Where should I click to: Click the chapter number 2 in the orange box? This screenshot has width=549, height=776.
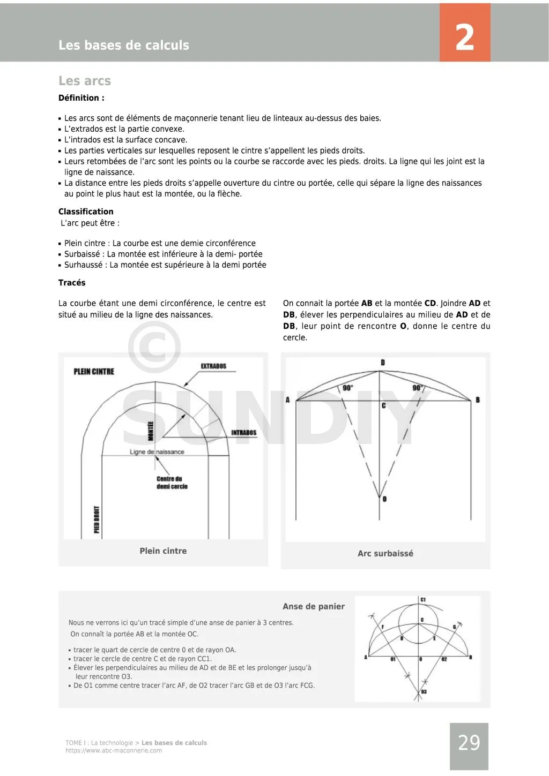pyautogui.click(x=465, y=37)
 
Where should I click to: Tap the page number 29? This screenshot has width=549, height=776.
pyautogui.click(x=469, y=743)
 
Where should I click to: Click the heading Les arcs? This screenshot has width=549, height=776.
pyautogui.click(x=85, y=81)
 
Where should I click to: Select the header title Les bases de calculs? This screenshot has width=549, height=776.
pyautogui.click(x=124, y=46)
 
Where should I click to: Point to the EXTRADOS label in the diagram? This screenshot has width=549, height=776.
pyautogui.click(x=213, y=366)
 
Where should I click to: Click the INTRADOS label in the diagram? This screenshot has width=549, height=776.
pyautogui.click(x=244, y=433)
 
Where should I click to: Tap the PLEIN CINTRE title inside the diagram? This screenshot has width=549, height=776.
pyautogui.click(x=94, y=372)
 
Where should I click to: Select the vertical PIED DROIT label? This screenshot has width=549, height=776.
pyautogui.click(x=97, y=519)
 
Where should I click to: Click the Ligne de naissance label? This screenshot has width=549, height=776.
pyautogui.click(x=157, y=452)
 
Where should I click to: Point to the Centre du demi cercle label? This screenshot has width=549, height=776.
pyautogui.click(x=172, y=483)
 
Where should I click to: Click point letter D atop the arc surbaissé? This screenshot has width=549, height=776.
pyautogui.click(x=383, y=363)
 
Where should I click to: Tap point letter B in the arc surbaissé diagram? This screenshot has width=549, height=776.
pyautogui.click(x=478, y=400)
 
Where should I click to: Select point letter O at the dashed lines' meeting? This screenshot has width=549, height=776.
pyautogui.click(x=385, y=499)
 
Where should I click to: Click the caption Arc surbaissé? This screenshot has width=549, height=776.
pyautogui.click(x=385, y=554)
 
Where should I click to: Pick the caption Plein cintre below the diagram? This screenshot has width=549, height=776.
pyautogui.click(x=163, y=551)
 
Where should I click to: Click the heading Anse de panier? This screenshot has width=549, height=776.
pyautogui.click(x=314, y=607)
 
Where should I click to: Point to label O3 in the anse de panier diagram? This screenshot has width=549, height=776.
pyautogui.click(x=424, y=692)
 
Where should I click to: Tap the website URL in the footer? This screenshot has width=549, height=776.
pyautogui.click(x=114, y=751)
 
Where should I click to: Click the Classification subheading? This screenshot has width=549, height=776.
pyautogui.click(x=86, y=212)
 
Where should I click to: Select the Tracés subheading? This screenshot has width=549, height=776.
pyautogui.click(x=72, y=283)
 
